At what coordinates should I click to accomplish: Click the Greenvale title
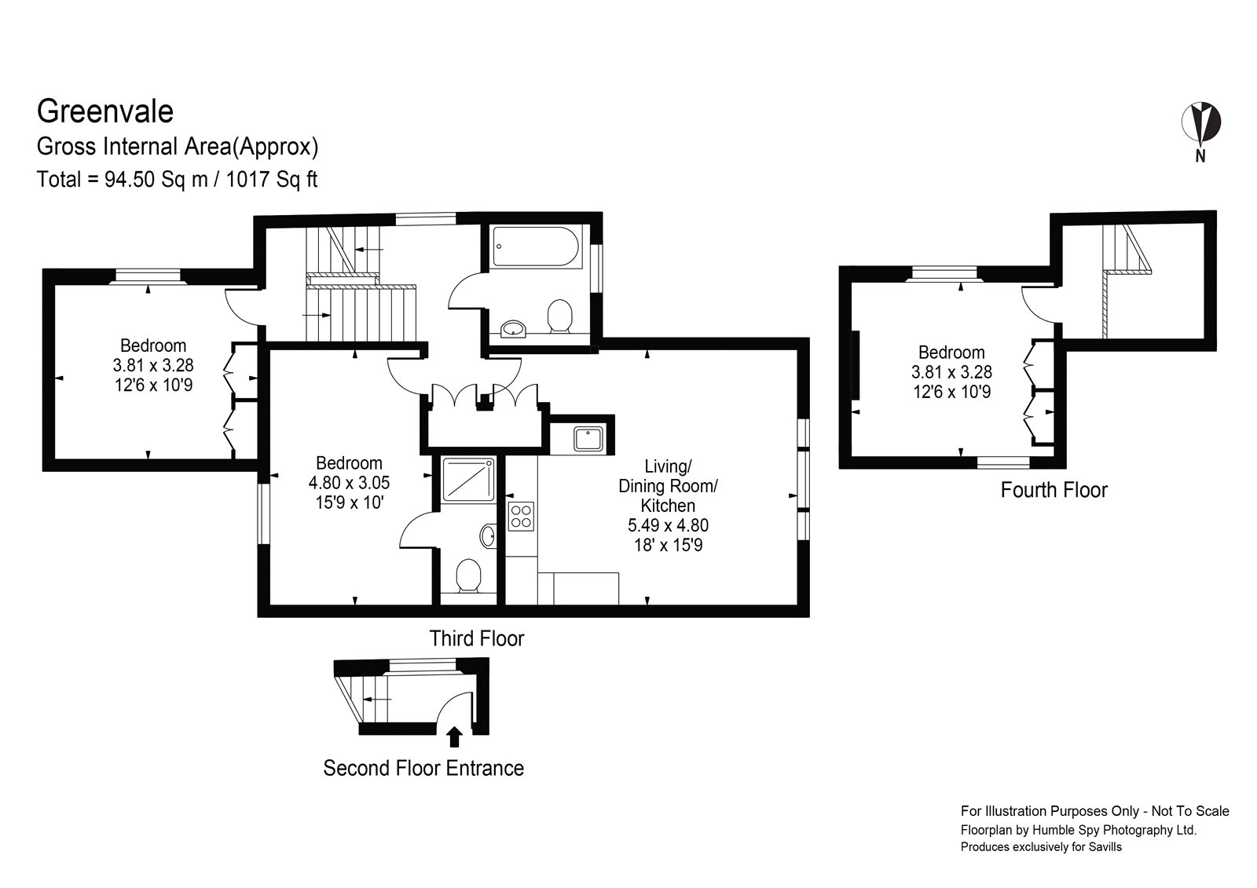click(x=104, y=111)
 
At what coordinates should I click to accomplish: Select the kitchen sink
click(x=588, y=438)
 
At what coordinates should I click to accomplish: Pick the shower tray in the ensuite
click(x=468, y=480)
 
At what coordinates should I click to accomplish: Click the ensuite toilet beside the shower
click(x=469, y=576)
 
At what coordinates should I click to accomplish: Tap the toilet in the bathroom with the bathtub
click(x=559, y=317)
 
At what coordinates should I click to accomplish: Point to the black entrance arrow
click(x=453, y=736)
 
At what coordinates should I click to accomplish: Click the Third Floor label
click(x=476, y=638)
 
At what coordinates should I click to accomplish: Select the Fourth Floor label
click(x=1054, y=490)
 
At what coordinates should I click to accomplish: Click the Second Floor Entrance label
click(x=423, y=768)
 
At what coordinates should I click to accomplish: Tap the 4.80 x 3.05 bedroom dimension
click(x=349, y=483)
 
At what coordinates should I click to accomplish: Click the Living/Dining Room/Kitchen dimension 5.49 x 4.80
click(x=668, y=525)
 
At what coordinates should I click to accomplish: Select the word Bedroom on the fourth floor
click(x=951, y=353)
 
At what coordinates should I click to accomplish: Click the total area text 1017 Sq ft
click(x=272, y=180)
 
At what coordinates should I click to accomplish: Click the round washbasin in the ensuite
click(x=487, y=536)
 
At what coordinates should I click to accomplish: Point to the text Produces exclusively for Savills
click(x=1041, y=847)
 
